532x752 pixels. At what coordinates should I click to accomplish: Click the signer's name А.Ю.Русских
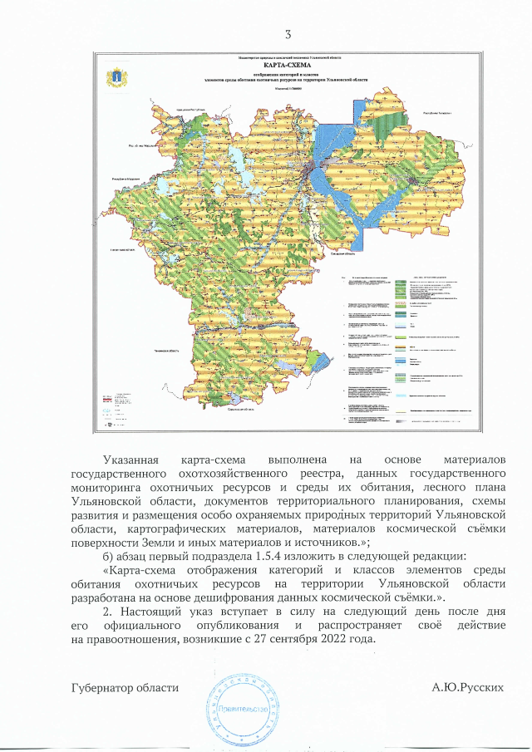468,688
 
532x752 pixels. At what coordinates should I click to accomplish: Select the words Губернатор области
125,688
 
